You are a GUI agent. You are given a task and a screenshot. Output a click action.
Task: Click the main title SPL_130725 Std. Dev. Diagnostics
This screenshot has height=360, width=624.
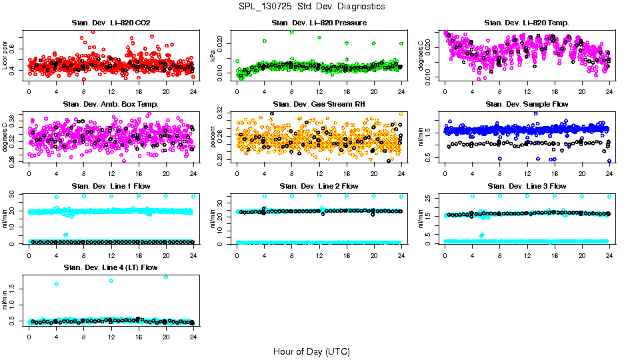click(311, 6)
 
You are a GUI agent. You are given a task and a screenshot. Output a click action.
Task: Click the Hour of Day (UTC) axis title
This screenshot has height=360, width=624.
click(311, 351)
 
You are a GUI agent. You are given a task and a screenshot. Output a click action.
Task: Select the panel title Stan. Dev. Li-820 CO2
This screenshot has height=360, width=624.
click(111, 23)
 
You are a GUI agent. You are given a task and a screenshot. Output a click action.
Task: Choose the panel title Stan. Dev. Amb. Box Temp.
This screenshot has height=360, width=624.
click(111, 104)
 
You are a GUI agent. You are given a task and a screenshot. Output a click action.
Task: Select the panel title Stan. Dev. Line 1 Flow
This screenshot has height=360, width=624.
click(111, 186)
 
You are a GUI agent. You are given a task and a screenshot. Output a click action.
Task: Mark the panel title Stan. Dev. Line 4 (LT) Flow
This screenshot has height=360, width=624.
click(111, 267)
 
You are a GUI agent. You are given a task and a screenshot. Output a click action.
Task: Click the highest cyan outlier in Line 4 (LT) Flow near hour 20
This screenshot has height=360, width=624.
click(166, 277)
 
